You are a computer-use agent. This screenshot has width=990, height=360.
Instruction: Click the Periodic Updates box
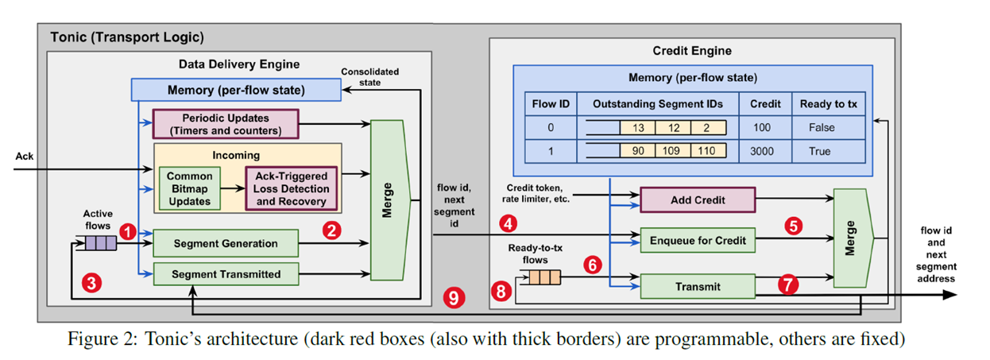[225, 124]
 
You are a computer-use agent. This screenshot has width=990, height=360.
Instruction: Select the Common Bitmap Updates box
[189, 188]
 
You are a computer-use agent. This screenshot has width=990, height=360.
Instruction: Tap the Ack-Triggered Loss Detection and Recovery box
[291, 188]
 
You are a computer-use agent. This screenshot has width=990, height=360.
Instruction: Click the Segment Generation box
[226, 243]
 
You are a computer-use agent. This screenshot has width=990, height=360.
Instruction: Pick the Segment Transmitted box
[226, 273]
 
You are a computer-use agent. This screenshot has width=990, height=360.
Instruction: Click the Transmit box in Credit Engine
[697, 286]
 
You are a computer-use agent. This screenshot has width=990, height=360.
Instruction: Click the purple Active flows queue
[101, 242]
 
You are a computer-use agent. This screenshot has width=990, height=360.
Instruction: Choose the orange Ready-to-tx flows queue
[546, 277]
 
